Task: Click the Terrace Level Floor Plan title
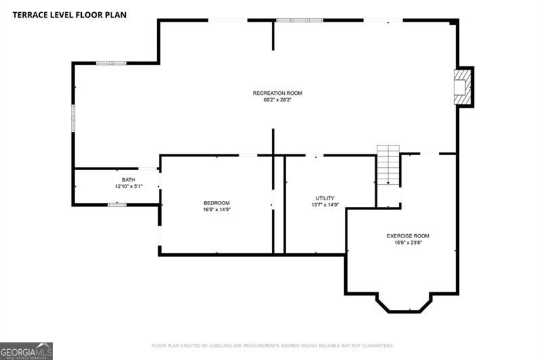(x=70, y=15)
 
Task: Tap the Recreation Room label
(x=277, y=93)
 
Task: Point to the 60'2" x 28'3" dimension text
(x=277, y=100)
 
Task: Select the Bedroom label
(x=216, y=203)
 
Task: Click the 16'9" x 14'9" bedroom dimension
(x=216, y=210)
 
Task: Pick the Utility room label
(x=325, y=198)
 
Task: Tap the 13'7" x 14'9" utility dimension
(x=325, y=204)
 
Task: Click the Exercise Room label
(x=408, y=236)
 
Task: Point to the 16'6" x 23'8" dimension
(x=408, y=243)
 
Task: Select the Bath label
(x=128, y=180)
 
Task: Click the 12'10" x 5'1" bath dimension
(x=128, y=186)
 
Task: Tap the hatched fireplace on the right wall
(x=463, y=87)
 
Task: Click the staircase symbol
(x=388, y=165)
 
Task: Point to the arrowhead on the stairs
(x=388, y=183)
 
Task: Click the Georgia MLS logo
(x=26, y=351)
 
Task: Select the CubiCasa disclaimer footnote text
(x=273, y=346)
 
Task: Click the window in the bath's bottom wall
(x=117, y=204)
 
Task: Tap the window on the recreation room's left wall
(x=73, y=118)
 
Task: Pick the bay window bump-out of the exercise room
(x=404, y=305)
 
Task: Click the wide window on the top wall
(x=300, y=20)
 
